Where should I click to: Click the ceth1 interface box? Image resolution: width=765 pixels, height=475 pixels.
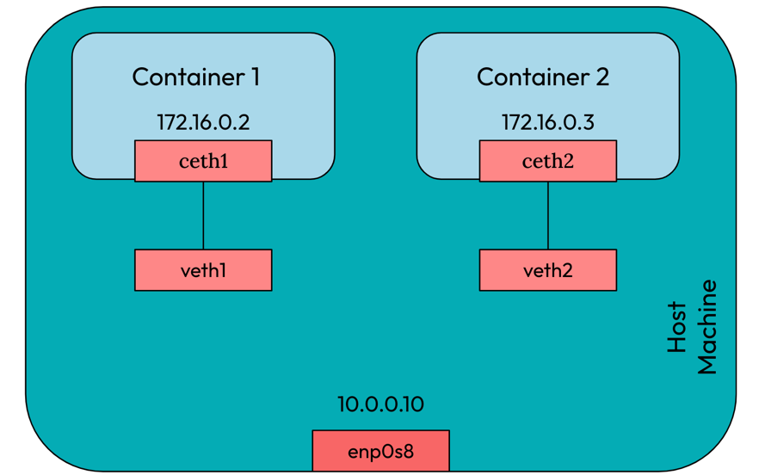[x=203, y=161]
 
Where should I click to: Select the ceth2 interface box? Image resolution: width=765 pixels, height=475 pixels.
[x=547, y=161]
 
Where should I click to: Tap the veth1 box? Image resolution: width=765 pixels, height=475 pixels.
[x=203, y=270]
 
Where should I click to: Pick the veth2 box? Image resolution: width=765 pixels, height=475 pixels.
[x=547, y=270]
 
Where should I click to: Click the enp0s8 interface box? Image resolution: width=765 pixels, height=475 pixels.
[x=380, y=451]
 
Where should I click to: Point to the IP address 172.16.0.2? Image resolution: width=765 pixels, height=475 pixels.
[x=203, y=122]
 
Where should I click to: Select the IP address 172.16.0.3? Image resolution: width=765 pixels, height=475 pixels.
[x=547, y=122]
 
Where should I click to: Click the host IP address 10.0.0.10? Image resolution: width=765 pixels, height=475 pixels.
[x=380, y=404]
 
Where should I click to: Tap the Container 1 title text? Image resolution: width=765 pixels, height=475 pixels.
[x=196, y=77]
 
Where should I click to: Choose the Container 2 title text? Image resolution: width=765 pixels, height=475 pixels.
[x=543, y=77]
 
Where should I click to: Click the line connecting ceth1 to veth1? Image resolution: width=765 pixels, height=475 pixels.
[x=203, y=215]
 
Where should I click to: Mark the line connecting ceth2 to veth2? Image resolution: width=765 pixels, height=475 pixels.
[x=547, y=215]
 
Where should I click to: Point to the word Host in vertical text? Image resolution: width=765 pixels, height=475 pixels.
[x=678, y=327]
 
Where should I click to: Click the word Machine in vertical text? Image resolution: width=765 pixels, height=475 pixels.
[x=706, y=327]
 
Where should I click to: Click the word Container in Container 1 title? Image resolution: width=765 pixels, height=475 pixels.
[x=183, y=77]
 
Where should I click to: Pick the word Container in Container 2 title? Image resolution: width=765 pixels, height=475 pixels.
[x=528, y=77]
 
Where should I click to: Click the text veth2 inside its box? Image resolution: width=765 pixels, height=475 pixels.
[x=547, y=270]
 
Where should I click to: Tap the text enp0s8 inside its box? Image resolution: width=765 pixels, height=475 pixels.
[x=380, y=452]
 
